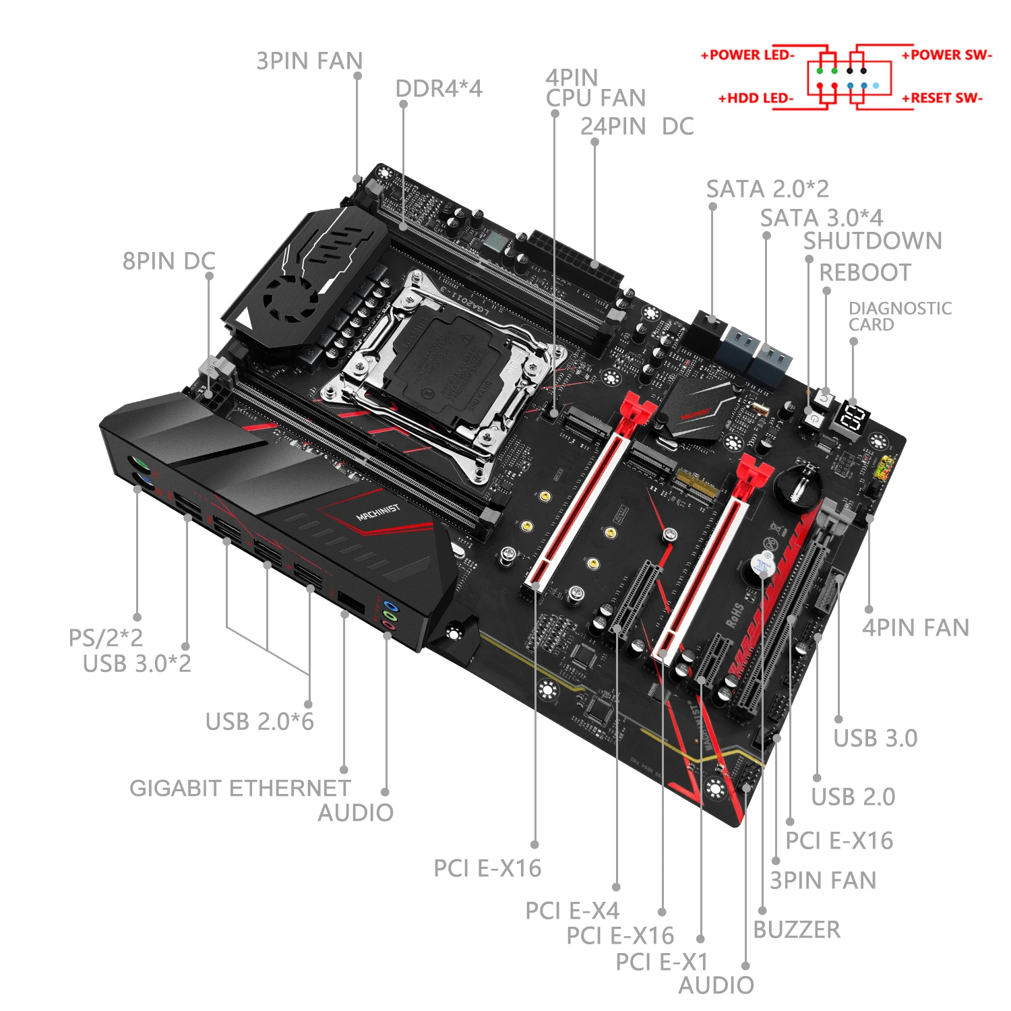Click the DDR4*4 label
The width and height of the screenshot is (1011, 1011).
(438, 88)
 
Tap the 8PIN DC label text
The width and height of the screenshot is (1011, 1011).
(168, 261)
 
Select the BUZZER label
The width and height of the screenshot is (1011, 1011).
(797, 929)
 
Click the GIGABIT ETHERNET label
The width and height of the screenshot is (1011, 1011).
(239, 788)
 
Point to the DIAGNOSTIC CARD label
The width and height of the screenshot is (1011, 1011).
(899, 316)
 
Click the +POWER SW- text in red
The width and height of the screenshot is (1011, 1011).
(946, 55)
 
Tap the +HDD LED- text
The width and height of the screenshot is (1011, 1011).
(756, 98)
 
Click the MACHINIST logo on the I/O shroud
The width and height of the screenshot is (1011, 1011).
(377, 512)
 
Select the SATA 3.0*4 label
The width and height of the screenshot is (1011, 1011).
(821, 218)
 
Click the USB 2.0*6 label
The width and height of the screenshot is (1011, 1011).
(259, 721)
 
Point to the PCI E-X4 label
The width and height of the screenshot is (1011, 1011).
(572, 911)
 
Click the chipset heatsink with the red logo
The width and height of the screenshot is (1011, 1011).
(698, 408)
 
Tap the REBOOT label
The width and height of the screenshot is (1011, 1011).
(865, 272)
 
